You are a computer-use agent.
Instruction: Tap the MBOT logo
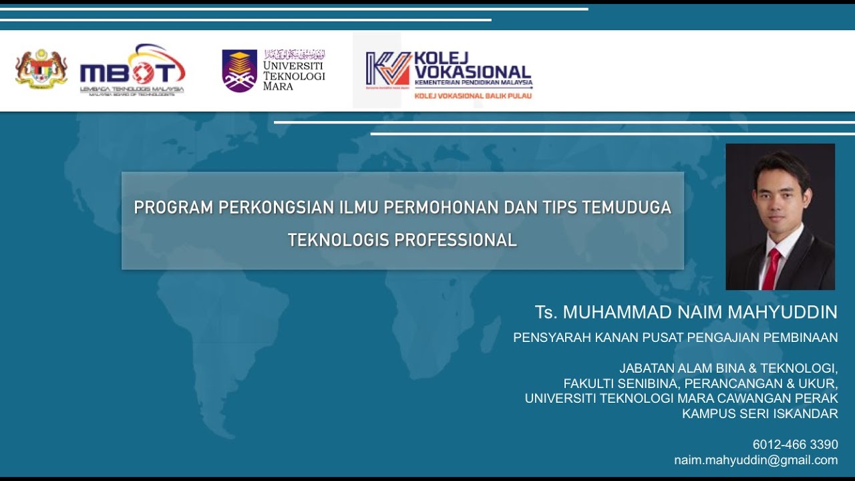coord(132,70)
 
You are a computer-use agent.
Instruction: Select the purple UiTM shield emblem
coord(239,70)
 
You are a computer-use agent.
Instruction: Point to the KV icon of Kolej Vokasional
coord(388,69)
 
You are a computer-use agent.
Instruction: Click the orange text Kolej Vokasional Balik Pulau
coord(473,96)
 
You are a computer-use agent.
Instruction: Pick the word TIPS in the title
coord(552,208)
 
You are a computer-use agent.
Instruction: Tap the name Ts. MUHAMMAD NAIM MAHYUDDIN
coord(686,312)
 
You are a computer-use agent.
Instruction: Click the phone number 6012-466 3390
coord(795,444)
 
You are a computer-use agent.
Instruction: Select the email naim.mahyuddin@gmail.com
coord(755,460)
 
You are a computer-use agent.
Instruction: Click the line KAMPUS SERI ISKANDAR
coord(759,414)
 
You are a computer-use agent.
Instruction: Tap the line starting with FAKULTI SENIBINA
coord(700,383)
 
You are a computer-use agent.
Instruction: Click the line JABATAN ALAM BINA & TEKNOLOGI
coord(728,368)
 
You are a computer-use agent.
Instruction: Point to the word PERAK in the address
coord(819,398)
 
